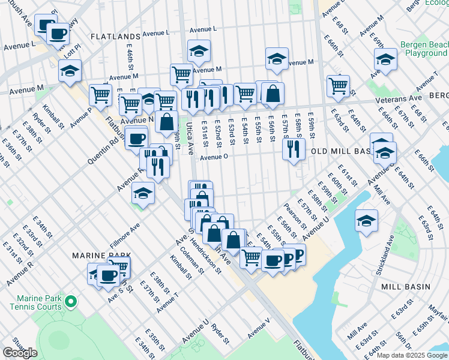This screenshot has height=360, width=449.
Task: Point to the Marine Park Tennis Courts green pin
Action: tap(71, 301)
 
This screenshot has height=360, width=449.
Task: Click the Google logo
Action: tap(20, 353)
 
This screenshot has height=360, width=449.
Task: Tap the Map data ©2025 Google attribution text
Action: tap(412, 355)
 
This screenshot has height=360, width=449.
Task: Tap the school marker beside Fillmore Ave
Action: tap(143, 193)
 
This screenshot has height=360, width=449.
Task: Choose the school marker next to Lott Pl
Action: tap(70, 70)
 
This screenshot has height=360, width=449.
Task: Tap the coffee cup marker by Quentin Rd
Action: tap(136, 138)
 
